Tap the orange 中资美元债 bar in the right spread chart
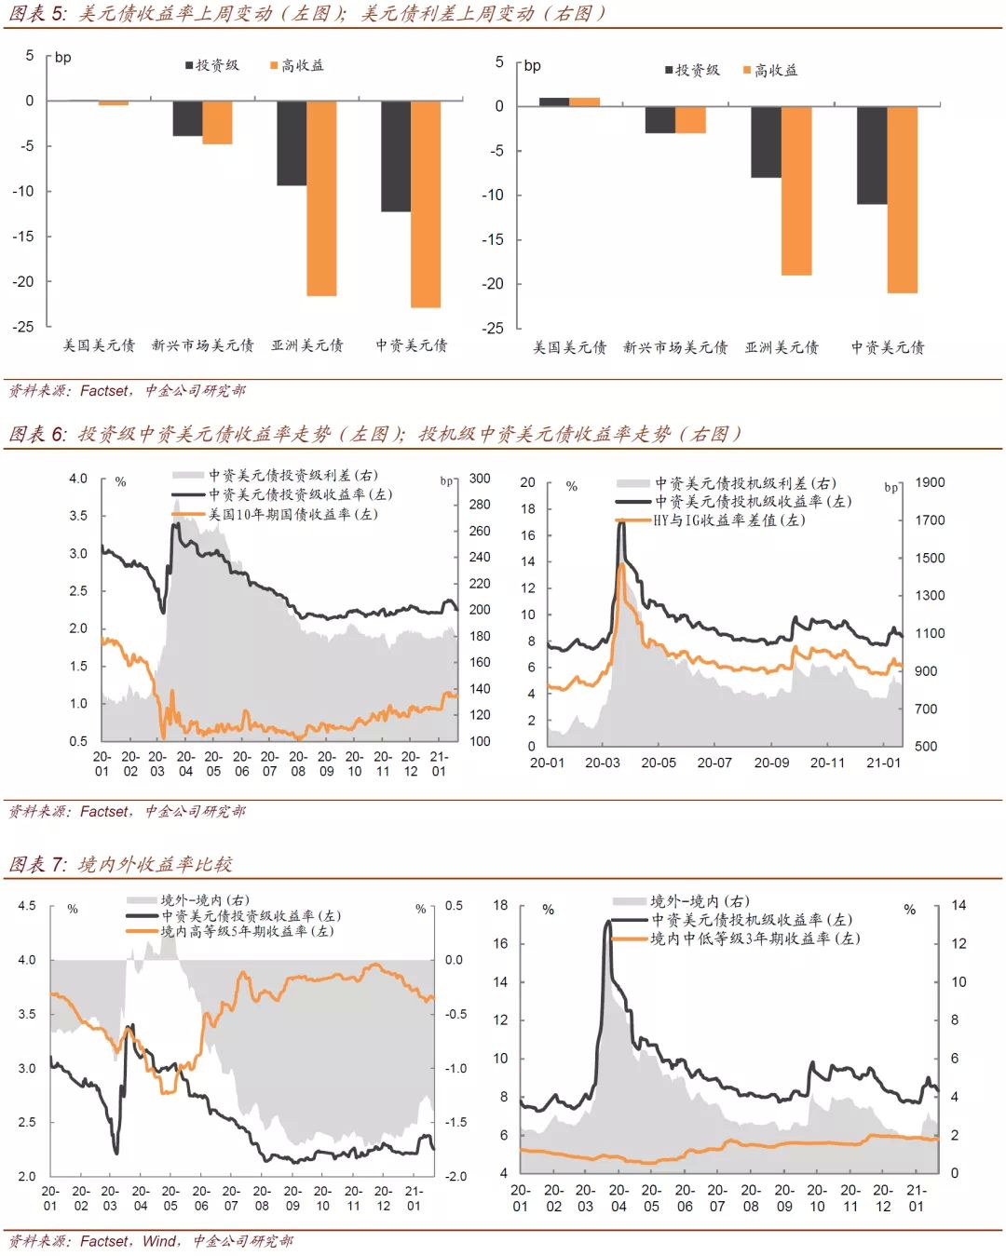coord(903,199)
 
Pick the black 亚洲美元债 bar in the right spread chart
coord(766,142)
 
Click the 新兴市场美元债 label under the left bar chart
coord(202,345)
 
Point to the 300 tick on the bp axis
coord(480,479)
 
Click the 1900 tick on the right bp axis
coord(930,482)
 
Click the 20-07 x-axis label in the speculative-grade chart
coord(714,763)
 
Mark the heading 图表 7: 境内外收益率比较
coord(121,864)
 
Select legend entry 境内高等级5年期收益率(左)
coord(247,931)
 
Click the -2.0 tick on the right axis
coord(455,1176)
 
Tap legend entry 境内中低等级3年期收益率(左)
coord(754,939)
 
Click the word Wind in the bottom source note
coord(159,1241)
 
